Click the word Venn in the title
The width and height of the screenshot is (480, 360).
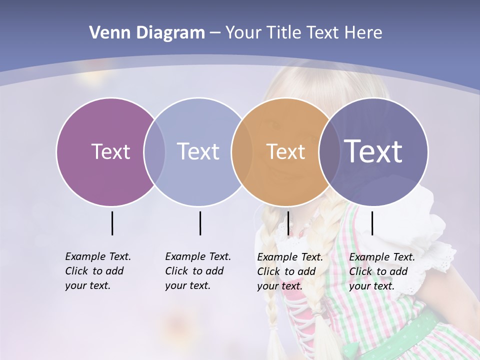coord(104,33)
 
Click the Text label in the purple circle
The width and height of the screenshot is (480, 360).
coord(110,151)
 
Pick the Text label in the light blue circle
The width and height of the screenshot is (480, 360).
coord(198,151)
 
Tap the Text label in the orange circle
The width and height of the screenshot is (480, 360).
coord(285,151)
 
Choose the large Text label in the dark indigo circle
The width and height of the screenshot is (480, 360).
coord(373,151)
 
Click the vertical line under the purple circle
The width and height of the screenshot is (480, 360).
coord(112,223)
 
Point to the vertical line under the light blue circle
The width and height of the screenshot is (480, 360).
coord(200,223)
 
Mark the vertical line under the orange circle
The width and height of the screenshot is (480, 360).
coord(288,223)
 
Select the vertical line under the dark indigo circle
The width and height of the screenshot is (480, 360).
coord(372,223)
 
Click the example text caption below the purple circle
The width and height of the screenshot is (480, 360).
coord(97,271)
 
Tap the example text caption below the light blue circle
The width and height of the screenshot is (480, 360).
coord(197,271)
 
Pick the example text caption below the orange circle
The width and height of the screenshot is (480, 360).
coord(289,271)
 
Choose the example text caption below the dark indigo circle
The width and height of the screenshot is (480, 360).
coord(381,271)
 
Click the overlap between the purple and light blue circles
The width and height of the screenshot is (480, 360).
coord(154,151)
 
